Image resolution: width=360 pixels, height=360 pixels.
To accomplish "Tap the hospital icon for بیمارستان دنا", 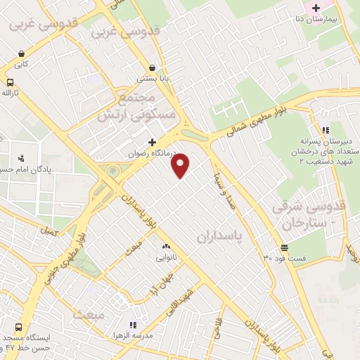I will (316, 8).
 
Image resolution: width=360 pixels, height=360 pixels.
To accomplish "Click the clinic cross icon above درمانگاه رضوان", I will (151, 141).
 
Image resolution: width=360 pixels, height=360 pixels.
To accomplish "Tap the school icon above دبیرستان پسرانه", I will (324, 130).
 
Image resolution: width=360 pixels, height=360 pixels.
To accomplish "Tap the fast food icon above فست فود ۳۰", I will (284, 247).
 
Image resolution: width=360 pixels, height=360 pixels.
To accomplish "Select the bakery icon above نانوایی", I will (167, 246).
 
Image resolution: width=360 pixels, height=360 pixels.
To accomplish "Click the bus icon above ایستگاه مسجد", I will (18, 327).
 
